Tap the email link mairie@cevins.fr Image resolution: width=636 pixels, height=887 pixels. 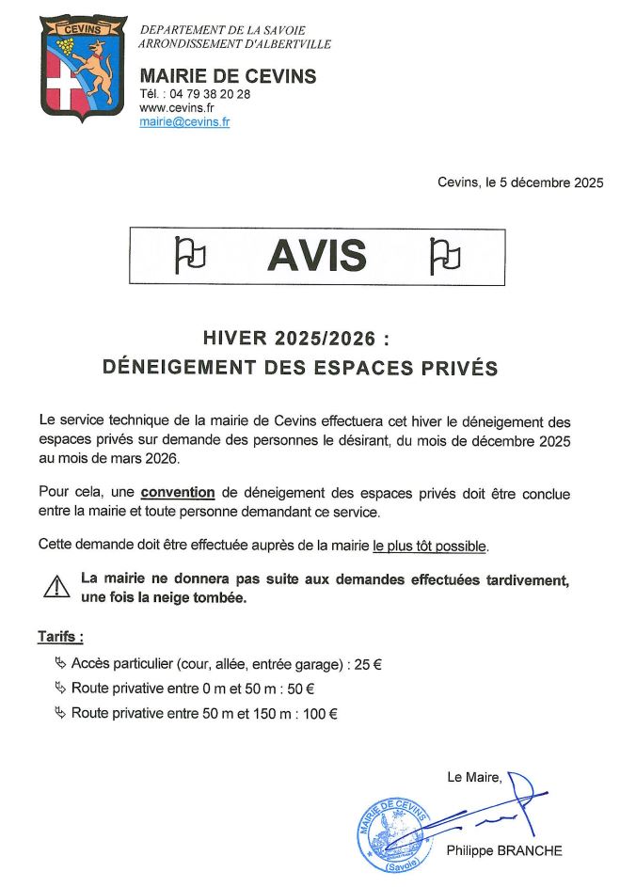(184, 122)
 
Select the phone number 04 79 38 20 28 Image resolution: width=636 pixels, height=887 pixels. (204, 94)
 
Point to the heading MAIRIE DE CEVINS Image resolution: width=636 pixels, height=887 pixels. (228, 76)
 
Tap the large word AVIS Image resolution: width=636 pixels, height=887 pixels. (316, 254)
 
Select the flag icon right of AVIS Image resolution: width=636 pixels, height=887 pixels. (444, 254)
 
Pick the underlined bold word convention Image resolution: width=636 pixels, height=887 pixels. (178, 493)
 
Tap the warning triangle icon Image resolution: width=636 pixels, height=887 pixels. (57, 587)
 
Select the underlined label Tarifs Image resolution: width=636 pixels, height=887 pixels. (59, 637)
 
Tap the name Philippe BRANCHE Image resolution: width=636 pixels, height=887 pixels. (504, 851)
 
